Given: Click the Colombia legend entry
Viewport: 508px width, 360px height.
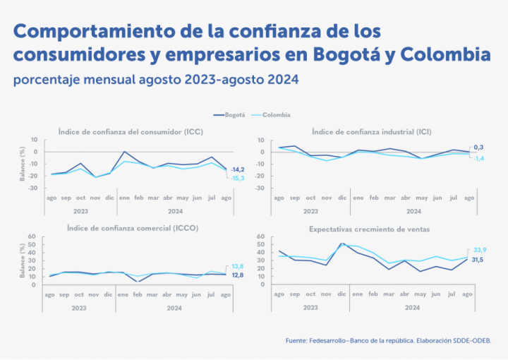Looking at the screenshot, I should (276, 114).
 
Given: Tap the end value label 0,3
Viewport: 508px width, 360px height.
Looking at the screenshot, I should (478, 147).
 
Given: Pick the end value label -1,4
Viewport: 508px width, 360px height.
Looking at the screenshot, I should (478, 158).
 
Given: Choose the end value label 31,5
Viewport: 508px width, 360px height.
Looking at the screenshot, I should (478, 260).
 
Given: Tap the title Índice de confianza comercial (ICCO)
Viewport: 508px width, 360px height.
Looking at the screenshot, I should (132, 229).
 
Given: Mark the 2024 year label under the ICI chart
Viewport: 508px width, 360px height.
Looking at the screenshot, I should (413, 210).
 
